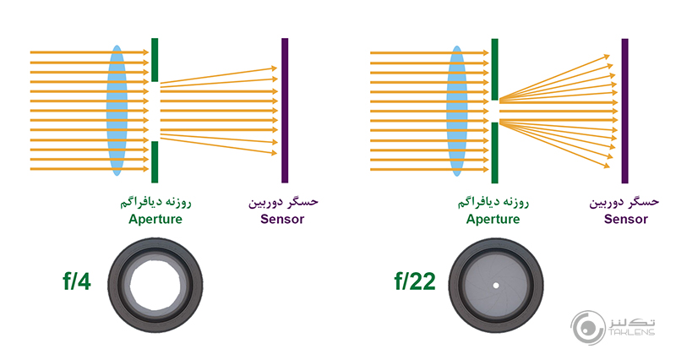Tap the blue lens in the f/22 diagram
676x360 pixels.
click(457, 110)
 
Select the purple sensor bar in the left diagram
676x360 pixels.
click(285, 110)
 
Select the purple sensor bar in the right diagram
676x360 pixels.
click(624, 110)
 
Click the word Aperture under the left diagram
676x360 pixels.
click(155, 220)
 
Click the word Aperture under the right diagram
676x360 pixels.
click(493, 220)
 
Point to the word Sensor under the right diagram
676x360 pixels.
click(626, 220)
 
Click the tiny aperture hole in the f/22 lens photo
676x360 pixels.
click(493, 281)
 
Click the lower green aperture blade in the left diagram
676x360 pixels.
click(155, 161)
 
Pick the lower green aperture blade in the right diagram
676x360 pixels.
click(494, 152)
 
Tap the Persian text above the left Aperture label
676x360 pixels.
click(155, 204)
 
